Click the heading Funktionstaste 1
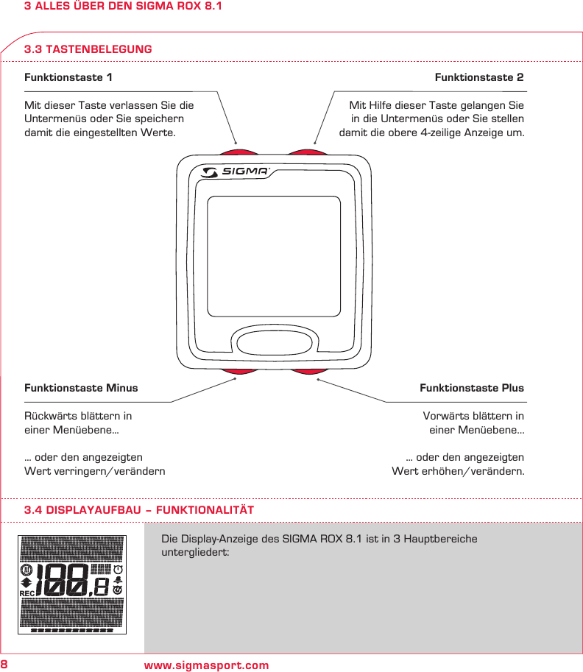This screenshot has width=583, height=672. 68,77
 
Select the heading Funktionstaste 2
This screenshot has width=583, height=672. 479,77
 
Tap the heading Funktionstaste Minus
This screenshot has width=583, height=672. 81,388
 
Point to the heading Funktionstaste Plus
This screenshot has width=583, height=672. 472,388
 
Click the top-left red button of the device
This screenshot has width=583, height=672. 236,149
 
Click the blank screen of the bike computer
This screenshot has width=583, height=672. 273,255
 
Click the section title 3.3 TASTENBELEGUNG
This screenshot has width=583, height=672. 88,49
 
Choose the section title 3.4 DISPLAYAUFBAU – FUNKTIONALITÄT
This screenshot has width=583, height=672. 139,510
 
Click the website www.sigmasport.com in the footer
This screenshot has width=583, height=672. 207,665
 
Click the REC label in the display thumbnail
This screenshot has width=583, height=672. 26,593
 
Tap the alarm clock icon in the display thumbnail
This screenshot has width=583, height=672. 118,570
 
